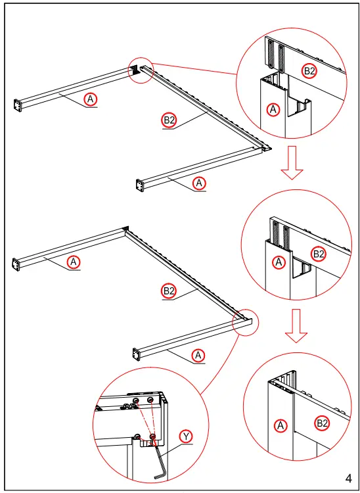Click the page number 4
click(x=349, y=479)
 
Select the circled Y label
click(x=186, y=436)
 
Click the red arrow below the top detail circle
click(x=292, y=162)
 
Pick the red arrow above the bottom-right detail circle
click(x=296, y=326)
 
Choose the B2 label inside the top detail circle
click(x=309, y=72)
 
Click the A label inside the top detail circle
click(x=273, y=110)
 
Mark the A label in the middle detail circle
click(x=279, y=262)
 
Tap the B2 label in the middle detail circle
click(x=318, y=254)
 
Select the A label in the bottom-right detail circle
click(x=281, y=426)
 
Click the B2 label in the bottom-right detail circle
click(x=322, y=423)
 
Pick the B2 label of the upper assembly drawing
click(x=169, y=120)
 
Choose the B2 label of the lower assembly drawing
click(x=169, y=291)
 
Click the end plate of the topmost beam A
click(x=18, y=105)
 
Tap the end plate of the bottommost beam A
click(x=137, y=354)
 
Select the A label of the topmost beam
click(x=91, y=99)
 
